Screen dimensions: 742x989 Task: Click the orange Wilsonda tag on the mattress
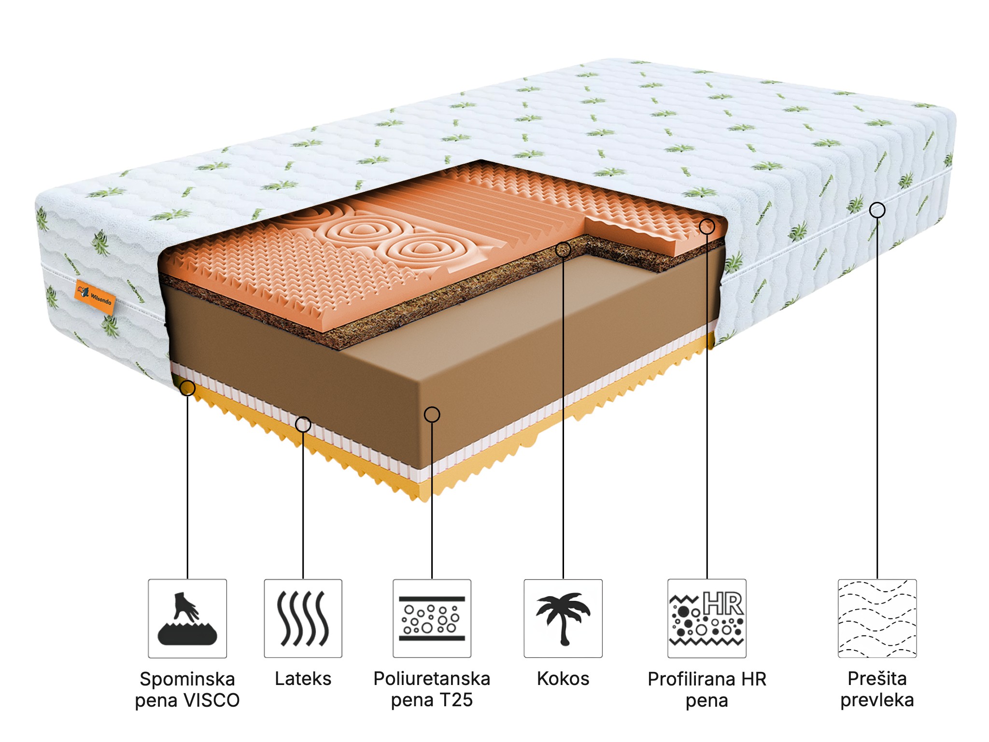[96, 297]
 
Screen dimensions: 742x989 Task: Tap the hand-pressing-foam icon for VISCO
[187, 619]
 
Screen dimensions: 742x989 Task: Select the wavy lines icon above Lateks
[303, 619]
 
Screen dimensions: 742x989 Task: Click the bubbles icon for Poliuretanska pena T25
[432, 619]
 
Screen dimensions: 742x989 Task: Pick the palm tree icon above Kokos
[563, 619]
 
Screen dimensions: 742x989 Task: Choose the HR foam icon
[707, 619]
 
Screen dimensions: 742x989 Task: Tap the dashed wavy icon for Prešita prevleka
[877, 619]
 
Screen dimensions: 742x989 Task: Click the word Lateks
[303, 679]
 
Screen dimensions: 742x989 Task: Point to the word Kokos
[563, 679]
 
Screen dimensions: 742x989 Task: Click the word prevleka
[877, 700]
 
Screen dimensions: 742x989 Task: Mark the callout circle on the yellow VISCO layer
[187, 388]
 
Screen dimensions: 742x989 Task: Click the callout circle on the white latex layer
[303, 425]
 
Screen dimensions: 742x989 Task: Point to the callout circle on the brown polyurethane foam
[432, 414]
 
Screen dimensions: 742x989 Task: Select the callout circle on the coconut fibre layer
[563, 250]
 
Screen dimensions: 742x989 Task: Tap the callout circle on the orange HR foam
[707, 226]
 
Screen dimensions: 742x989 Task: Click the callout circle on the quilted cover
[877, 210]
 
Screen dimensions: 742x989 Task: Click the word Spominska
[187, 679]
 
